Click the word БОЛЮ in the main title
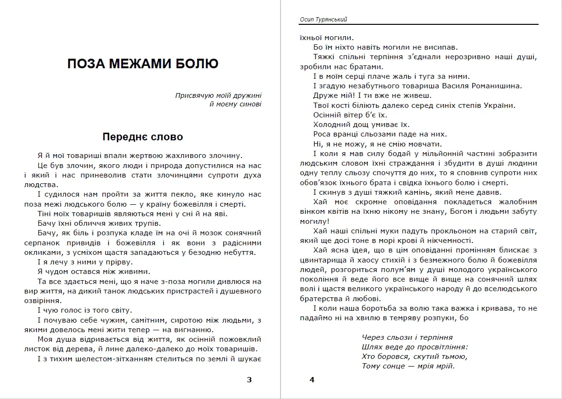[x=194, y=64]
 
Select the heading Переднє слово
[x=143, y=137]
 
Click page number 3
[x=249, y=380]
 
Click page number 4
[x=312, y=380]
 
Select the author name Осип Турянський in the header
[x=323, y=19]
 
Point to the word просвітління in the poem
[x=443, y=346]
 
